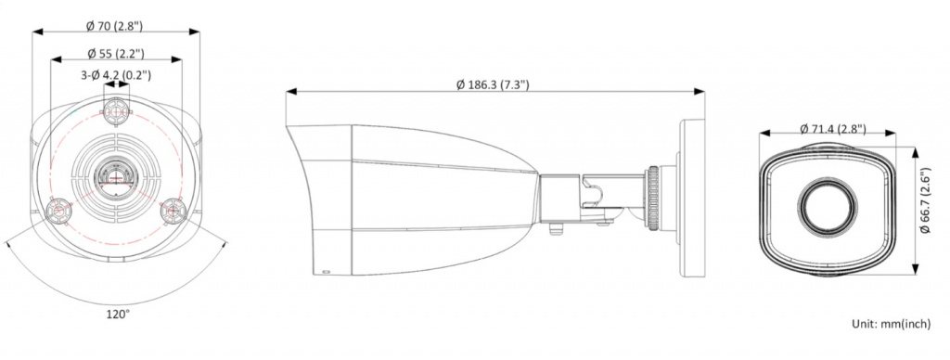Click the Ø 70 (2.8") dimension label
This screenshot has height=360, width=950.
[114, 25]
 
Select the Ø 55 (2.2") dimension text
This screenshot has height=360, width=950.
[116, 53]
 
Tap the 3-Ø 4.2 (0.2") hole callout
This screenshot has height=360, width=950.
[116, 75]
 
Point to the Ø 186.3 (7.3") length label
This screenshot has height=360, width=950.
[493, 84]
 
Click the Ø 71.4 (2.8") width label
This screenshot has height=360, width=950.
[832, 128]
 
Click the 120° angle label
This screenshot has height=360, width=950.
[118, 314]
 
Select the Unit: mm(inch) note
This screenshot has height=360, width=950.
[892, 324]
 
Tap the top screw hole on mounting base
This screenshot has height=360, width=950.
[116, 111]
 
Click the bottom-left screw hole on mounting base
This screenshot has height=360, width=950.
[58, 211]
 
